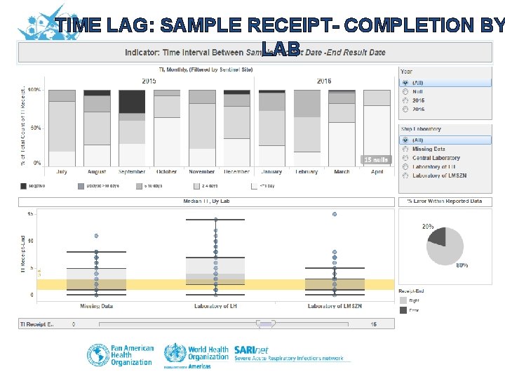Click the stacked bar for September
click(x=132, y=128)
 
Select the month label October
click(x=167, y=172)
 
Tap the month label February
click(x=307, y=172)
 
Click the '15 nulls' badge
click(x=375, y=159)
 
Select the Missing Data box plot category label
click(x=97, y=306)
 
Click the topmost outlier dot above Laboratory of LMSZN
click(x=335, y=214)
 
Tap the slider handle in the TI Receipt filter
click(x=265, y=324)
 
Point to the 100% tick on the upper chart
click(x=35, y=91)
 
